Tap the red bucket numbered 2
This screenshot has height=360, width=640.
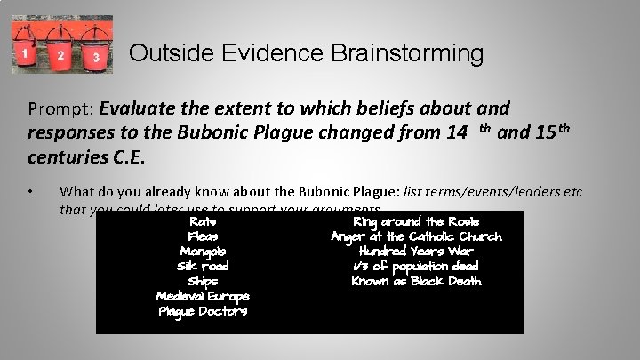point(60,55)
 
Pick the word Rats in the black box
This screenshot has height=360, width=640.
point(203,221)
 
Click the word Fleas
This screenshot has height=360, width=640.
point(203,236)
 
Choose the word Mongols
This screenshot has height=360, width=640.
point(203,252)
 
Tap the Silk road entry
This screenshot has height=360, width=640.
point(203,267)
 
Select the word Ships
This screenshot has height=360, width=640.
point(203,282)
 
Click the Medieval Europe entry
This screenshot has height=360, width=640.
point(203,297)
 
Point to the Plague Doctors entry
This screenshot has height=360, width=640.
point(203,312)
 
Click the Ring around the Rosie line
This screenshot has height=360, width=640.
point(416,221)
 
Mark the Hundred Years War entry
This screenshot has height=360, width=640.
point(416,252)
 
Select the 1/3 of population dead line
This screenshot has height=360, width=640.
point(416,267)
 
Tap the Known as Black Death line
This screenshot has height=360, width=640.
point(416,282)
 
